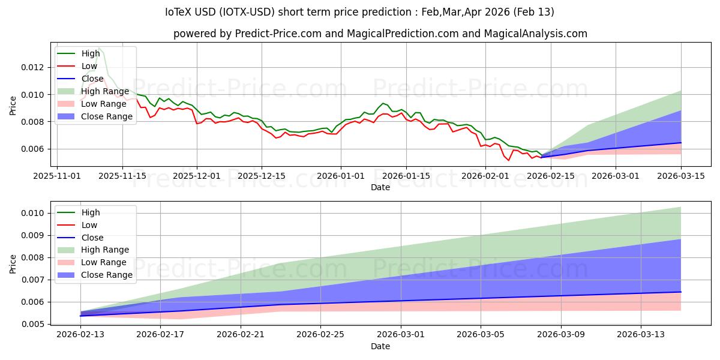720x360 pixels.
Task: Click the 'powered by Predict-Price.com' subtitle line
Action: tap(380, 34)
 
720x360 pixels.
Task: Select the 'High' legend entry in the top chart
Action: tap(91, 53)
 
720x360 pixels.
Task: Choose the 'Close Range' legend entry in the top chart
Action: tap(107, 116)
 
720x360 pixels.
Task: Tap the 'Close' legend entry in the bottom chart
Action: tap(92, 238)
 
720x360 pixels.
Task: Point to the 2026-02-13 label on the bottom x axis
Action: tap(80, 335)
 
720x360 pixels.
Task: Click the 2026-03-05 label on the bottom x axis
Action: tap(481, 335)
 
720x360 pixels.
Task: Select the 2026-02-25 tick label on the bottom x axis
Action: tap(320, 335)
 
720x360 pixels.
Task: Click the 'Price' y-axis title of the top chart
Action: tap(13, 106)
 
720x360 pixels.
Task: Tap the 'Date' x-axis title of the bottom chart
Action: tap(380, 346)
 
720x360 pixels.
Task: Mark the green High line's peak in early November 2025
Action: tap(99, 48)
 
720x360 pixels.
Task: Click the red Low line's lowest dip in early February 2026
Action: tap(509, 160)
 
